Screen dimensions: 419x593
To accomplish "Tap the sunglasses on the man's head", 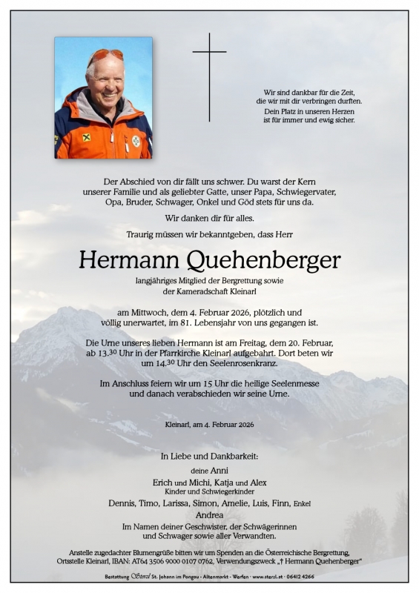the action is tap(105, 55).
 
